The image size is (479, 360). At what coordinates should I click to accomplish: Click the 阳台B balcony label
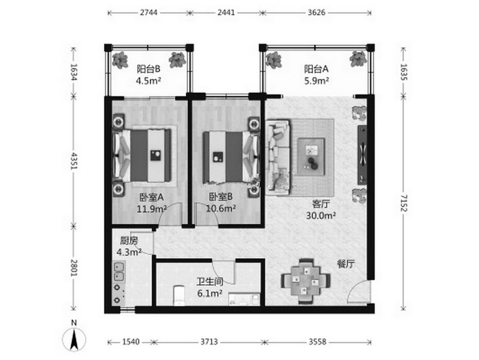pos(148,69)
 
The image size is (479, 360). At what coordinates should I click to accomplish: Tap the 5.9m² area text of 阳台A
pos(317,81)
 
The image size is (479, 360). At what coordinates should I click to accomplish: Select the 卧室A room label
pos(152,197)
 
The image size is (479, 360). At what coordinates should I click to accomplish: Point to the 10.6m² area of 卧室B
pos(220,209)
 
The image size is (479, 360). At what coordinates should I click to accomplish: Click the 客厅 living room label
pos(321,204)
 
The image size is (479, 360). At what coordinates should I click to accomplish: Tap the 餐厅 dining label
pos(346,264)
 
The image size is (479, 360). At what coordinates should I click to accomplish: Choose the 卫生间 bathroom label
pos(210,281)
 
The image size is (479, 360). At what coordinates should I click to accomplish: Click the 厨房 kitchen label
pos(129,241)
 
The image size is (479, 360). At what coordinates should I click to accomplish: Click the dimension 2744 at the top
pos(149,12)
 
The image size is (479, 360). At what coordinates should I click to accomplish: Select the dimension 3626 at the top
pos(317,12)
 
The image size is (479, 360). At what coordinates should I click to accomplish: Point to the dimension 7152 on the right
pos(404,203)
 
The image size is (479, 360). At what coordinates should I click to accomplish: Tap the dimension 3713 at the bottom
pos(209,341)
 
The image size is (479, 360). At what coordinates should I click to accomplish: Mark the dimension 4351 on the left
pos(74,161)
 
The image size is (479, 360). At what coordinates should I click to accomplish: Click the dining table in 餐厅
pos(306,281)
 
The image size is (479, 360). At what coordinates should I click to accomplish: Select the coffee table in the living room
pos(311,157)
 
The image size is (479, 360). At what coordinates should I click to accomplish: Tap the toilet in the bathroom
pos(179,295)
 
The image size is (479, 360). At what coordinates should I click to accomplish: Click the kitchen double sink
pos(118,271)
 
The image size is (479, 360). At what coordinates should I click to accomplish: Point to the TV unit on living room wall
pos(362,155)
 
